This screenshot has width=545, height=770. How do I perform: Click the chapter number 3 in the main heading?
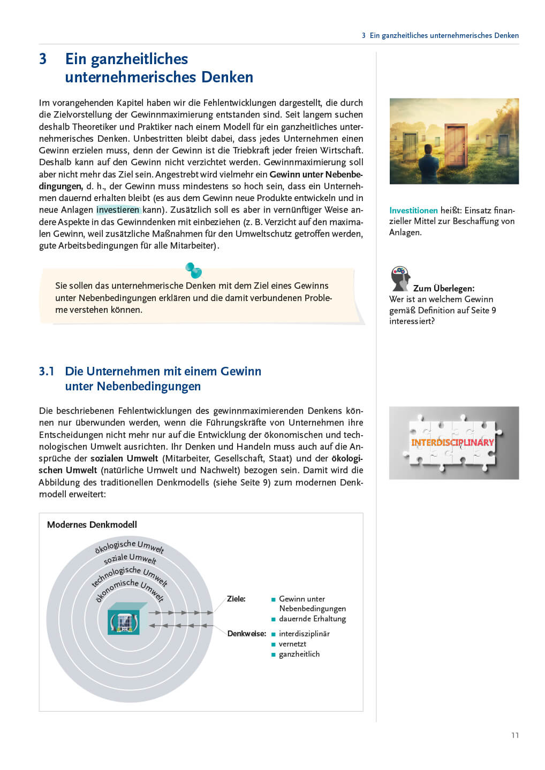click(43, 59)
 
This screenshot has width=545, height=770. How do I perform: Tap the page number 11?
click(515, 735)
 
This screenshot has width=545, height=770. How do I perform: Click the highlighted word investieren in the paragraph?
click(118, 210)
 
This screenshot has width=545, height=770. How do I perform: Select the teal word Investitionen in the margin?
click(413, 210)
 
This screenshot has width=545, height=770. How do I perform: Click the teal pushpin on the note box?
click(193, 270)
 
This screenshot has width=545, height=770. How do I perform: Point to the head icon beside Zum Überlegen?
click(400, 278)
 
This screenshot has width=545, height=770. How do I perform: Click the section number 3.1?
click(47, 371)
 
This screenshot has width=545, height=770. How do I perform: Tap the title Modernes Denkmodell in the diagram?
click(92, 525)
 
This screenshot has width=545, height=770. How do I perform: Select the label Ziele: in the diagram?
click(236, 599)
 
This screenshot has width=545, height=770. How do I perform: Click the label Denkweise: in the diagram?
click(246, 634)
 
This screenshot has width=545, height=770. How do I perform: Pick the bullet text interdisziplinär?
click(304, 634)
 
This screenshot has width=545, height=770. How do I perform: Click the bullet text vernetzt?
click(292, 644)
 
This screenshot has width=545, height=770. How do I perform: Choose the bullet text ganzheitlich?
click(299, 654)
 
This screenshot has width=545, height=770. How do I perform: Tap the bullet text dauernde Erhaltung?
click(312, 619)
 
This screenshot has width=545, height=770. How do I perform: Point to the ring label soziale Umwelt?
click(130, 559)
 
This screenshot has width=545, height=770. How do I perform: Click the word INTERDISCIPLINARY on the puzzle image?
click(452, 442)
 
